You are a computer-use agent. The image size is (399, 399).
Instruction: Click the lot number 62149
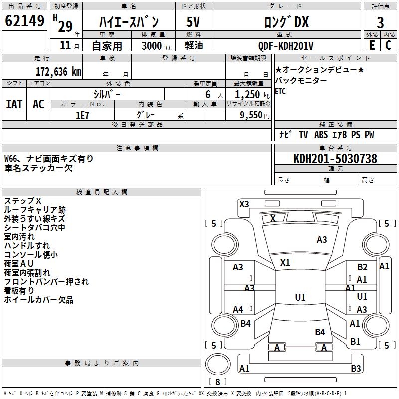(x=24, y=21)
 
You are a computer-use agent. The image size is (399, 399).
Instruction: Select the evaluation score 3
(x=380, y=22)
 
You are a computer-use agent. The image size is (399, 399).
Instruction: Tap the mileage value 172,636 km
(x=58, y=71)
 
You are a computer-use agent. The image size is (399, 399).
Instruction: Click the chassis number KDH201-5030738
(x=335, y=159)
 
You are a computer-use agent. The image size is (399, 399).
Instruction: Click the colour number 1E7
(x=82, y=114)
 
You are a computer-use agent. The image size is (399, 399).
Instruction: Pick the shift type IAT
(x=14, y=104)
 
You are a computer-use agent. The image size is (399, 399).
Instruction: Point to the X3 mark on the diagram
(x=244, y=204)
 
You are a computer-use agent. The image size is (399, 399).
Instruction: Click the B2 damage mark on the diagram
(x=362, y=267)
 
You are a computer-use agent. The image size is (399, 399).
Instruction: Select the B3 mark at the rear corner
(x=356, y=369)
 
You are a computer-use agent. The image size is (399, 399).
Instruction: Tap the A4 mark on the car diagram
(x=238, y=310)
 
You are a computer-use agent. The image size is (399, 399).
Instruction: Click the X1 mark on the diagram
(x=285, y=262)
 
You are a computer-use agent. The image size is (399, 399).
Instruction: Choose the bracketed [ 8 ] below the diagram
(x=217, y=382)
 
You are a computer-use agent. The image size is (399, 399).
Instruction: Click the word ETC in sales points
(x=280, y=92)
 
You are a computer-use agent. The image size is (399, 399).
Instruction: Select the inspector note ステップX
(x=23, y=200)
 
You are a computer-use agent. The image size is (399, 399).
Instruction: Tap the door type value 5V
(x=194, y=22)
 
